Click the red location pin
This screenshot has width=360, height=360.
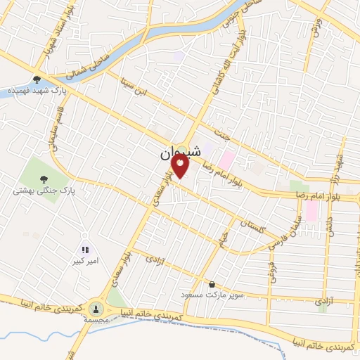(181, 167)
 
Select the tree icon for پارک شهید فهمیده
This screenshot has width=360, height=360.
(37, 79)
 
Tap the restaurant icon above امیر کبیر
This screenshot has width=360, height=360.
(85, 250)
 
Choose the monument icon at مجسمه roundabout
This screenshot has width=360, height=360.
(96, 307)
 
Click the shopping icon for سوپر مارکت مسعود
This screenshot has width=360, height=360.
(212, 285)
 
